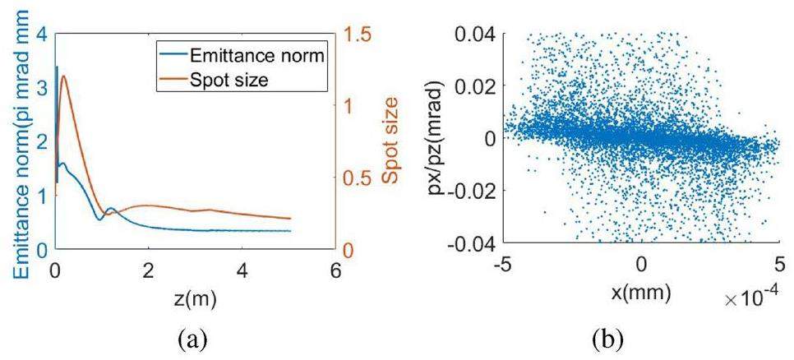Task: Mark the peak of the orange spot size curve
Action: pyautogui.click(x=63, y=76)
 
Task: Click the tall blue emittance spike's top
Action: pyautogui.click(x=56, y=67)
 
